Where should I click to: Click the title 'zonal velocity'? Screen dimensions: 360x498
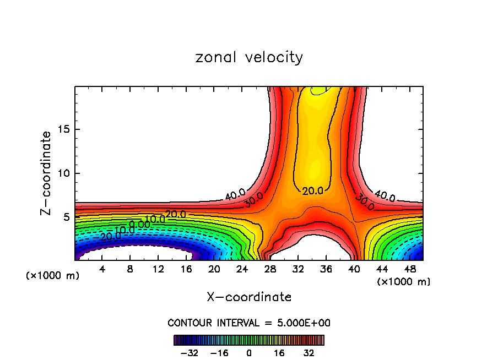[x=249, y=57]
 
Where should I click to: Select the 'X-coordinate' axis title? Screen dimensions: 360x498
[x=249, y=297]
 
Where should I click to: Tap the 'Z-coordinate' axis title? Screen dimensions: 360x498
[x=46, y=173]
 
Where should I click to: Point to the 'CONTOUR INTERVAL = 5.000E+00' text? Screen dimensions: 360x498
[x=249, y=323]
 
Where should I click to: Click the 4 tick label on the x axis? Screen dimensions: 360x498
[x=102, y=269]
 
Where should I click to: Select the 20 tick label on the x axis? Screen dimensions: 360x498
[x=214, y=269]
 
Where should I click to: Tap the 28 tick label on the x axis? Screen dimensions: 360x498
[x=270, y=269]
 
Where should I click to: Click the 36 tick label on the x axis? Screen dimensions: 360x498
[x=326, y=269]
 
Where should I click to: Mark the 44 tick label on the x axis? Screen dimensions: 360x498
[x=382, y=269]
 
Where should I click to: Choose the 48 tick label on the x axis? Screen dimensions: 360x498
[x=410, y=269]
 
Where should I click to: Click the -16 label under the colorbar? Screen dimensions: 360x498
[x=219, y=353]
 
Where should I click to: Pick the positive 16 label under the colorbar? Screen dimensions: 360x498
[x=279, y=353]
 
